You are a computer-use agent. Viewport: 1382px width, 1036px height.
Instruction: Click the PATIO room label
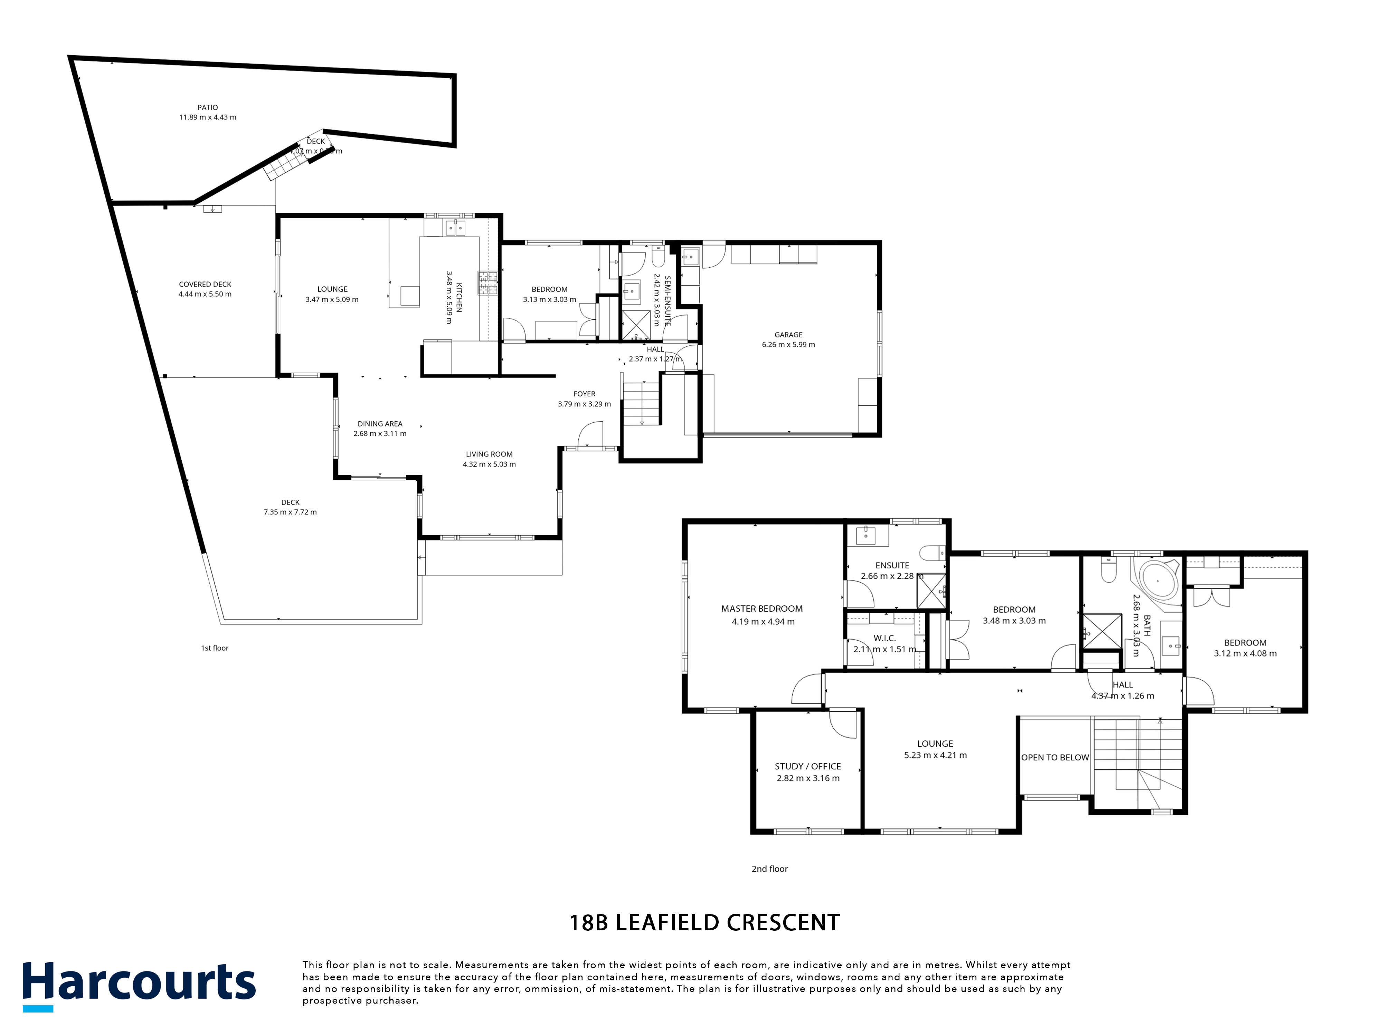click(x=207, y=107)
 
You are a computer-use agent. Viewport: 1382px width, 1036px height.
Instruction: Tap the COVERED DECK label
click(x=205, y=284)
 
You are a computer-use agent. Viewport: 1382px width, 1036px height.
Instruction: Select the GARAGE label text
click(x=788, y=335)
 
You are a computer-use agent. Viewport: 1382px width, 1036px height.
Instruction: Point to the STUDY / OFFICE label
click(x=808, y=766)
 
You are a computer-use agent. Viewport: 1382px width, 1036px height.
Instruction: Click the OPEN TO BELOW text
click(x=1055, y=757)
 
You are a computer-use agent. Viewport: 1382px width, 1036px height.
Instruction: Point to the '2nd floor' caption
click(x=770, y=869)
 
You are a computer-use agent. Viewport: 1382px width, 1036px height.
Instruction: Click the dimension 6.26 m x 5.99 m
click(x=788, y=345)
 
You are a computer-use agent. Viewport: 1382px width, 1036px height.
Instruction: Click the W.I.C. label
click(x=885, y=638)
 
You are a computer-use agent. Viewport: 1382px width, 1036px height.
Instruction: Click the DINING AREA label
click(x=380, y=423)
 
